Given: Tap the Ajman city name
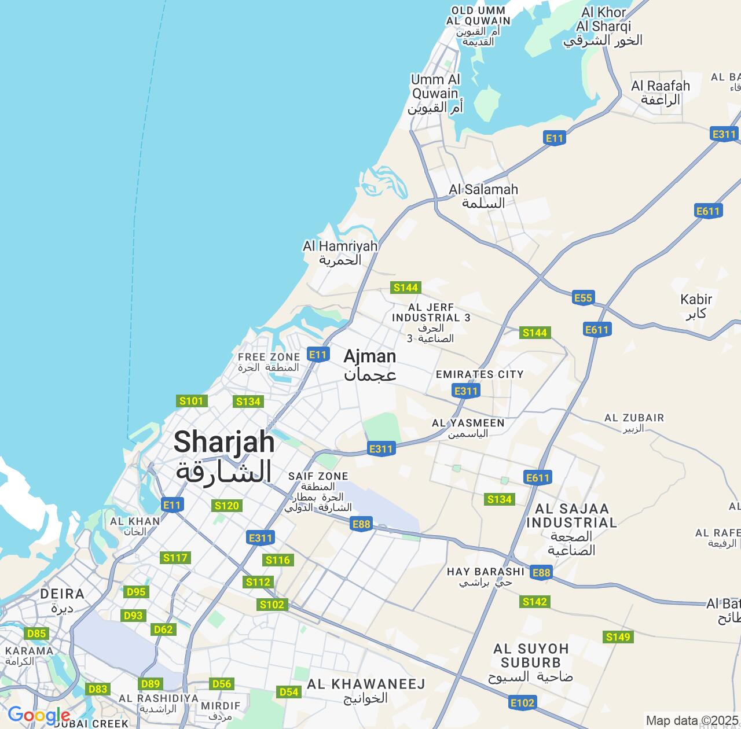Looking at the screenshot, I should pos(370,365).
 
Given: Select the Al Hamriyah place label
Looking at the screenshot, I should pos(340,253).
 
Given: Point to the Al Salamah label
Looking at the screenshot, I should pos(483,196).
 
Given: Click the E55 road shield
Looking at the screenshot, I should pos(583,297).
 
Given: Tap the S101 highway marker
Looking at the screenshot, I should pos(192,401).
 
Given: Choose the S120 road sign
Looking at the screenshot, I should pos(226,506).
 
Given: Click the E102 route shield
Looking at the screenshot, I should pos(522,702).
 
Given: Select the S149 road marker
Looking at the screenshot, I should pos(618,637).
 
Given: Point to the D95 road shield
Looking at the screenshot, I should pos(136,591).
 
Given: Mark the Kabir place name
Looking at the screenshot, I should pos(696,306).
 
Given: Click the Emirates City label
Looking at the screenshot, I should pos(479,374).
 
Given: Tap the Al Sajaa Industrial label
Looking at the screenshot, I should pos(572,529).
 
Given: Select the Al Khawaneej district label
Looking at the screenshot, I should pos(366,690).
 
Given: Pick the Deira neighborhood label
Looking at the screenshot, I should pos(62,600).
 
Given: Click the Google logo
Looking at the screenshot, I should pos(39,715).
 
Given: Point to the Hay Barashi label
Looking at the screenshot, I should pos(485,577).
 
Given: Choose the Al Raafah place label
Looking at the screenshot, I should pos(661,93).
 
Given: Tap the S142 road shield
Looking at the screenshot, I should pos(534,602).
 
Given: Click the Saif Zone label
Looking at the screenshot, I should pos(318,491).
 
